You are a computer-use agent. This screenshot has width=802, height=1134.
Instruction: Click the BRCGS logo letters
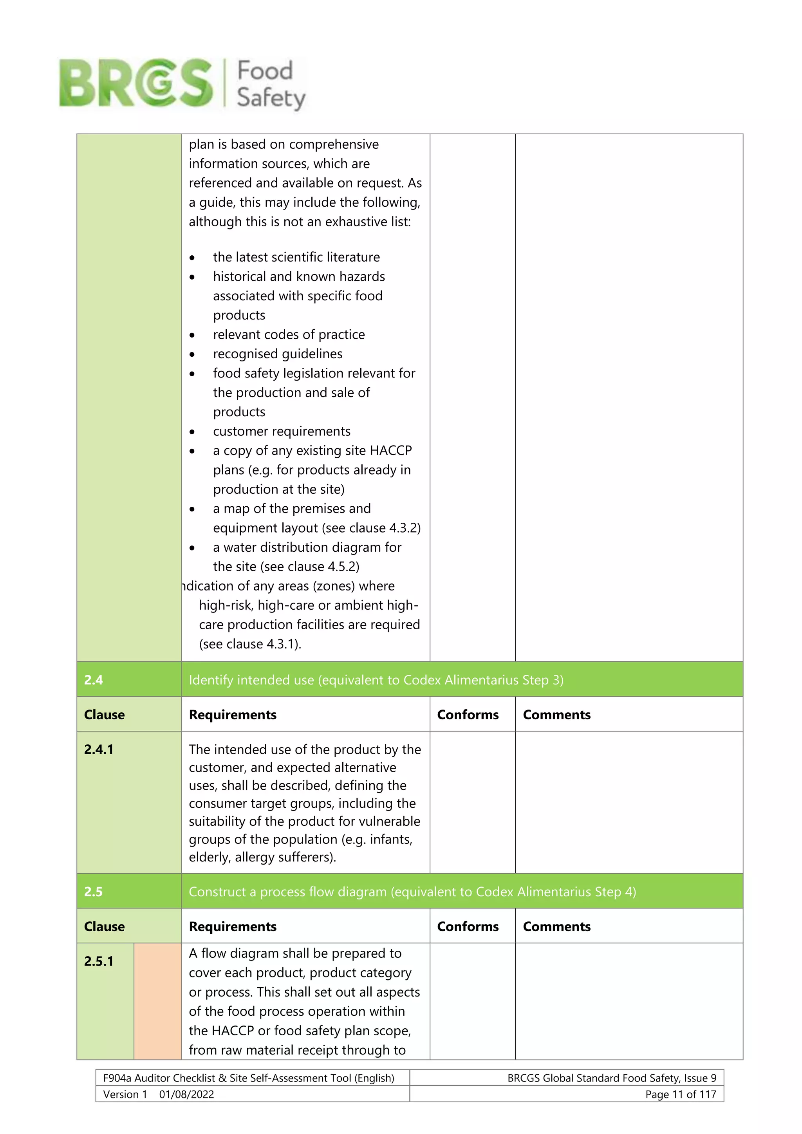pyautogui.click(x=136, y=83)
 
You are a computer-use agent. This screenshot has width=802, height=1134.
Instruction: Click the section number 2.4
pyautogui.click(x=93, y=680)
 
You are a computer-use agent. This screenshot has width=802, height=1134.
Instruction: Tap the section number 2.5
pyautogui.click(x=93, y=892)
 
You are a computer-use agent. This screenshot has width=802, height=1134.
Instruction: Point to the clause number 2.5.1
pyautogui.click(x=99, y=961)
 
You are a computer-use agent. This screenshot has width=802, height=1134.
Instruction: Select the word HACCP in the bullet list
pyautogui.click(x=391, y=450)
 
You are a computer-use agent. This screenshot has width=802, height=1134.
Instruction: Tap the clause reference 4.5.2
pyautogui.click(x=341, y=567)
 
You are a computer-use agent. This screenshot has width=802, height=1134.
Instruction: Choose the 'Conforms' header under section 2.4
pyautogui.click(x=468, y=715)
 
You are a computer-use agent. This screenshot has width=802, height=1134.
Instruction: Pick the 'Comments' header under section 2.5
pyautogui.click(x=556, y=926)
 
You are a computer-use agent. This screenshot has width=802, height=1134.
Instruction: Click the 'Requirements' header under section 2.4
pyautogui.click(x=233, y=715)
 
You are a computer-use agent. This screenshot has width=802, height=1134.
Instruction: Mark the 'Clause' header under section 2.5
pyautogui.click(x=104, y=926)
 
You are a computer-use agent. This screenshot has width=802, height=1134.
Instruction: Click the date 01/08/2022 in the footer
pyautogui.click(x=187, y=1094)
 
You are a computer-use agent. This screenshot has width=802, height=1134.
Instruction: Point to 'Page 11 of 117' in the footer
pyautogui.click(x=681, y=1094)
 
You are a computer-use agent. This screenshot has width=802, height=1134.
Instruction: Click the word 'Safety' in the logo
pyautogui.click(x=271, y=98)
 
